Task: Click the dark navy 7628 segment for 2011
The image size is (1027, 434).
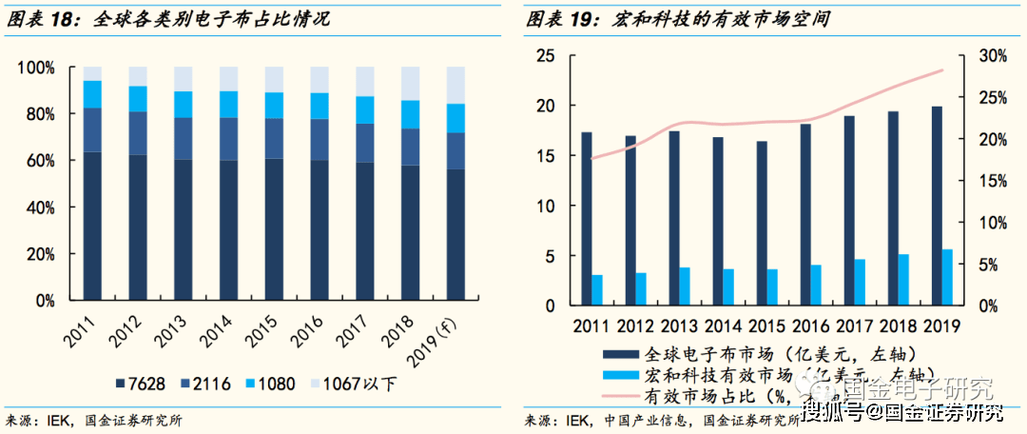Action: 92,227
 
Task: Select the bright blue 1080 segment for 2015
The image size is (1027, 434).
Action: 275,106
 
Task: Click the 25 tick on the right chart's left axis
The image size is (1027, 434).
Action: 545,56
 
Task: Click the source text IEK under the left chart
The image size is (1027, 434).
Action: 61,421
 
